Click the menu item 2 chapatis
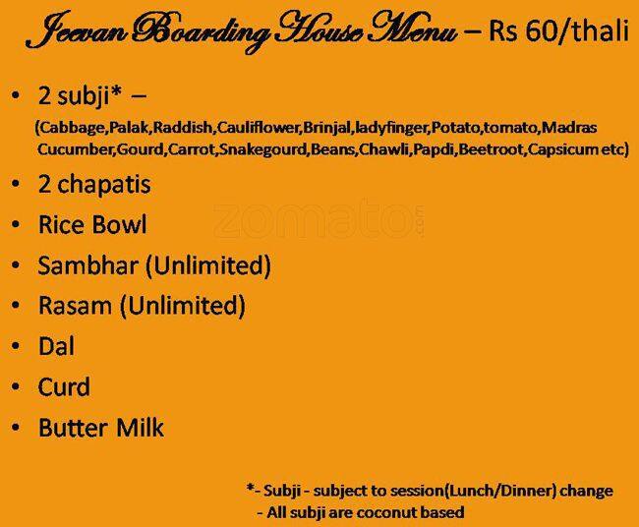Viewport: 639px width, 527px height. pyautogui.click(x=94, y=185)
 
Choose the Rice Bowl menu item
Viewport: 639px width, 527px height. pyautogui.click(x=92, y=225)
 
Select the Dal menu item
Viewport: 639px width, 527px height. pyautogui.click(x=56, y=346)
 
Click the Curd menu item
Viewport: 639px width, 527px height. pyautogui.click(x=64, y=386)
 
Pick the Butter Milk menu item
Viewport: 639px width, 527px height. pyautogui.click(x=101, y=428)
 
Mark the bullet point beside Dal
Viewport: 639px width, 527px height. pyautogui.click(x=15, y=347)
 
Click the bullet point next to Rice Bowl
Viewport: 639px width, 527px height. pyautogui.click(x=15, y=226)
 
